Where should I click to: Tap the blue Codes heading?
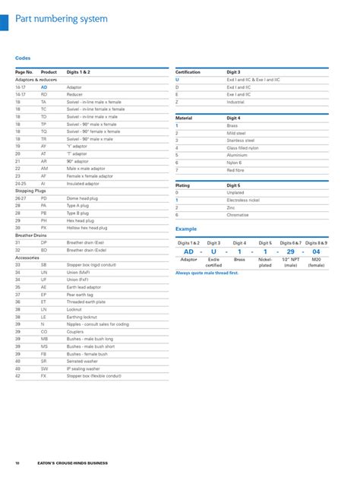click(22, 58)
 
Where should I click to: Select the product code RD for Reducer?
click(44, 94)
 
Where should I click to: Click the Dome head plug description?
click(83, 197)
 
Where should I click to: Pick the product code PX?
click(44, 227)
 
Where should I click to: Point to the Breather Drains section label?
click(31, 235)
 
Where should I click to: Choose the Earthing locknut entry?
click(82, 316)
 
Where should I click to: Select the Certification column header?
click(188, 72)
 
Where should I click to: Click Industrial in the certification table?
click(235, 101)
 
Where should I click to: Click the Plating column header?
click(183, 185)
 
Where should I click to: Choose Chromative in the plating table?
click(238, 214)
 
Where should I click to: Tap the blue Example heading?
click(186, 228)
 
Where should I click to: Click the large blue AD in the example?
click(189, 251)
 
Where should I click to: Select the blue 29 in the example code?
click(290, 251)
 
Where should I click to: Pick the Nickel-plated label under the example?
click(265, 263)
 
